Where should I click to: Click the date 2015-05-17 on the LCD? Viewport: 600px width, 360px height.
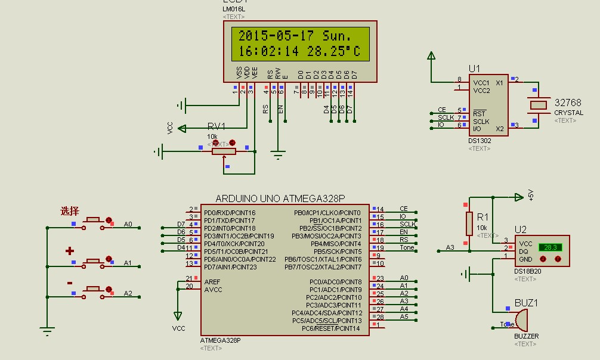coord(276,36)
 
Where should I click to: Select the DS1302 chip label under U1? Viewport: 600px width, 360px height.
coord(480,141)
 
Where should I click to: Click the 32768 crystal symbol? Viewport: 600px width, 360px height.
coord(539,105)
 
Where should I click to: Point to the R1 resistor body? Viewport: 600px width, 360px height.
coord(469,224)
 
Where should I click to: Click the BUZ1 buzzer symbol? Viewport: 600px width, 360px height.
coord(521,321)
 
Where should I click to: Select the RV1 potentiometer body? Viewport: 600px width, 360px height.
coord(223,151)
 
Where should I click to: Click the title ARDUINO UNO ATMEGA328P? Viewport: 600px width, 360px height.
coord(280,198)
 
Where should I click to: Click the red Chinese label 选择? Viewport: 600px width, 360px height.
coord(69,211)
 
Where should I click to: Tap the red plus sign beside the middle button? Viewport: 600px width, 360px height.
coord(69,251)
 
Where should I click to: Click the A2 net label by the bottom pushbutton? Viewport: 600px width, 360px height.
coord(128,293)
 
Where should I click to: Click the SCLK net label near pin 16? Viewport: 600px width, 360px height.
coord(407,224)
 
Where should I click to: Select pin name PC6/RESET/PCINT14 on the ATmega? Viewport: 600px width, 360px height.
coord(331,328)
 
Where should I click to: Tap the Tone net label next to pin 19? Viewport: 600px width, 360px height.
coord(407,247)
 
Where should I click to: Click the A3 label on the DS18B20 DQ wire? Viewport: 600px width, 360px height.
coord(450,247)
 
